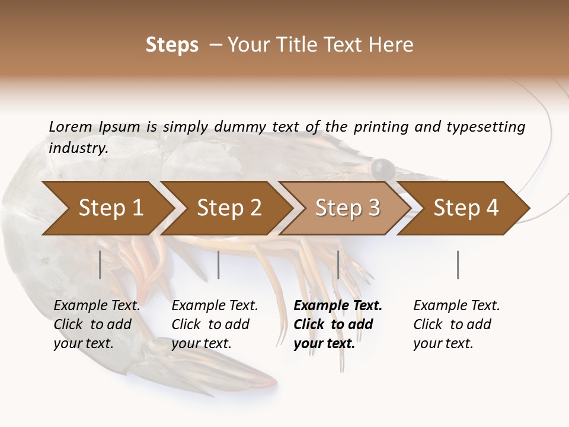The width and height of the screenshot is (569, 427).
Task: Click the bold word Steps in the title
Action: coord(172,44)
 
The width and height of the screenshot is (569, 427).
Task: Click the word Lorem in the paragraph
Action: coord(70,126)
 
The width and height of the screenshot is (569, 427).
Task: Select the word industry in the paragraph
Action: coord(78,148)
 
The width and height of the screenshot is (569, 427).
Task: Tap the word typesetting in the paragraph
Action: coord(485,126)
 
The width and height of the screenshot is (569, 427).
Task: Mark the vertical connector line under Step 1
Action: coord(100,265)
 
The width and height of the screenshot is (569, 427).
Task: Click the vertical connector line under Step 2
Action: coord(219,265)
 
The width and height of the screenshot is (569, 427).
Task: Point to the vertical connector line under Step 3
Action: coord(338,265)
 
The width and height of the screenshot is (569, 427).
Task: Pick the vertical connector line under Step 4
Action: coord(458,265)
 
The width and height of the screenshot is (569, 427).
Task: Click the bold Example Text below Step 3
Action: coord(338,306)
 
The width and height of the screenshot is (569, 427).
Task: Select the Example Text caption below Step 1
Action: coord(97,306)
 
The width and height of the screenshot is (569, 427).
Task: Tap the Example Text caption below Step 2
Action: coord(215,306)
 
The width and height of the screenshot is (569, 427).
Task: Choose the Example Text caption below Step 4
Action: coord(456,306)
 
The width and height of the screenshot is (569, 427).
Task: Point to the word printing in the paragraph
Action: coord(381,126)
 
